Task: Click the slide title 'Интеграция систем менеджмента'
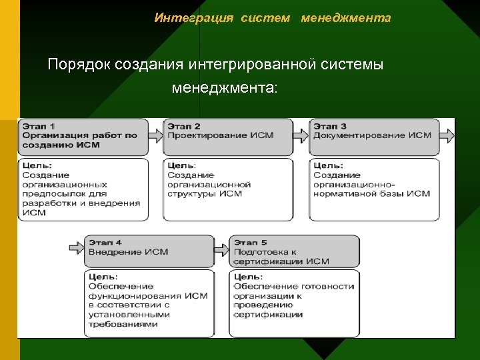[x=272, y=18]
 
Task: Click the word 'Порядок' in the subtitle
[x=79, y=65]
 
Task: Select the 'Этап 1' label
[x=39, y=125]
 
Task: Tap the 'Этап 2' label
[x=184, y=125]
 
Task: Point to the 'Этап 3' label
[x=330, y=125]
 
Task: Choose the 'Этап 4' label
[x=105, y=242]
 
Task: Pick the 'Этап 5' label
[x=251, y=242]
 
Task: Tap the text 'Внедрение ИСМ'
[x=129, y=252]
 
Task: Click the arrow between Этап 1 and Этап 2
[x=155, y=135]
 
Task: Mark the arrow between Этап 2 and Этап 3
[x=301, y=135]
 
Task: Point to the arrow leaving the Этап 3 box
[x=448, y=135]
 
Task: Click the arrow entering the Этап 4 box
[x=77, y=247]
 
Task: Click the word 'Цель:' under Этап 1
[x=37, y=165]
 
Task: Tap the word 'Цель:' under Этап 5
[x=249, y=277]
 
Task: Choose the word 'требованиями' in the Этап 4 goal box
[x=123, y=324]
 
